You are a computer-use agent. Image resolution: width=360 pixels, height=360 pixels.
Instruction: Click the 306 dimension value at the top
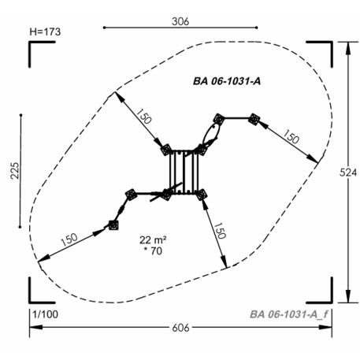point(180,21)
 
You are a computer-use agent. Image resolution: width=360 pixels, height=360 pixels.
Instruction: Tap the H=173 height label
point(45,32)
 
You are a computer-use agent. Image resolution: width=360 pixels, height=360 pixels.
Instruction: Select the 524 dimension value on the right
point(348,173)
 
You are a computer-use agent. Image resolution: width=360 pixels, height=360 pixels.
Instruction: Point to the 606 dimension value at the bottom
point(180,328)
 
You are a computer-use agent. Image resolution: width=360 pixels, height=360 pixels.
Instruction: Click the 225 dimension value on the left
point(15,171)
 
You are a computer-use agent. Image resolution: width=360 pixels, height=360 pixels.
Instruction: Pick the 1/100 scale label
point(45,314)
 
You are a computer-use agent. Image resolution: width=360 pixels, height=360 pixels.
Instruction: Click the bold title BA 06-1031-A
point(227,81)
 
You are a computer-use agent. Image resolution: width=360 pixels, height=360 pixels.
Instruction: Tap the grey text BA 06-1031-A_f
point(289,314)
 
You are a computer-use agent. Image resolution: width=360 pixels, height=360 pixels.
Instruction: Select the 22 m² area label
point(153,239)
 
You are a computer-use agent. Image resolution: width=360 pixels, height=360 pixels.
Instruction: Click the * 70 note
point(153,251)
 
